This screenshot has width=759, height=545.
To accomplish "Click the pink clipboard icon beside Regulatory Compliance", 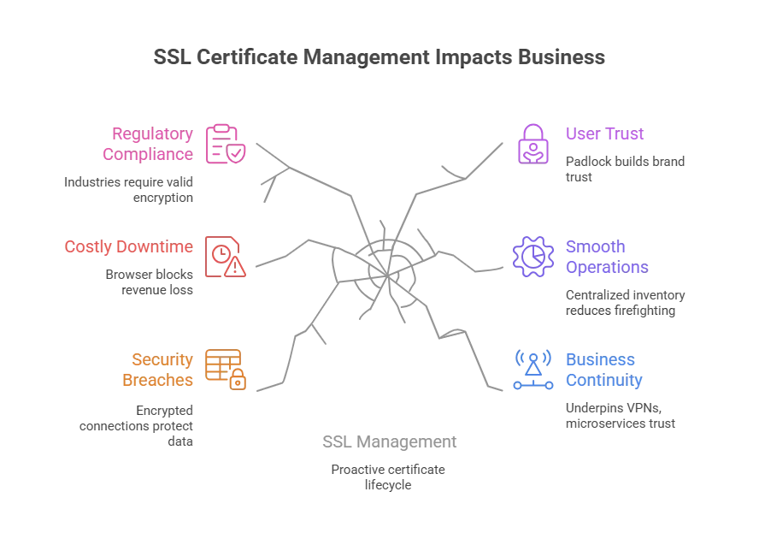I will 226,144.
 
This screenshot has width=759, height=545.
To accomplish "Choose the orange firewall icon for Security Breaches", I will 226,369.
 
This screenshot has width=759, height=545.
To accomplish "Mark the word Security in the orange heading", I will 162,360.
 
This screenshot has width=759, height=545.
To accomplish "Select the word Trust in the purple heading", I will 629,134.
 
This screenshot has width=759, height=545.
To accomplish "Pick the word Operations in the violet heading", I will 606,267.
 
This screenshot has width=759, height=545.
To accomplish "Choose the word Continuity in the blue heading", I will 603,381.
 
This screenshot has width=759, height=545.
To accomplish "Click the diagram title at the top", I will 379,58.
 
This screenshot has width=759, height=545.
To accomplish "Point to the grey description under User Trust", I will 626,168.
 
